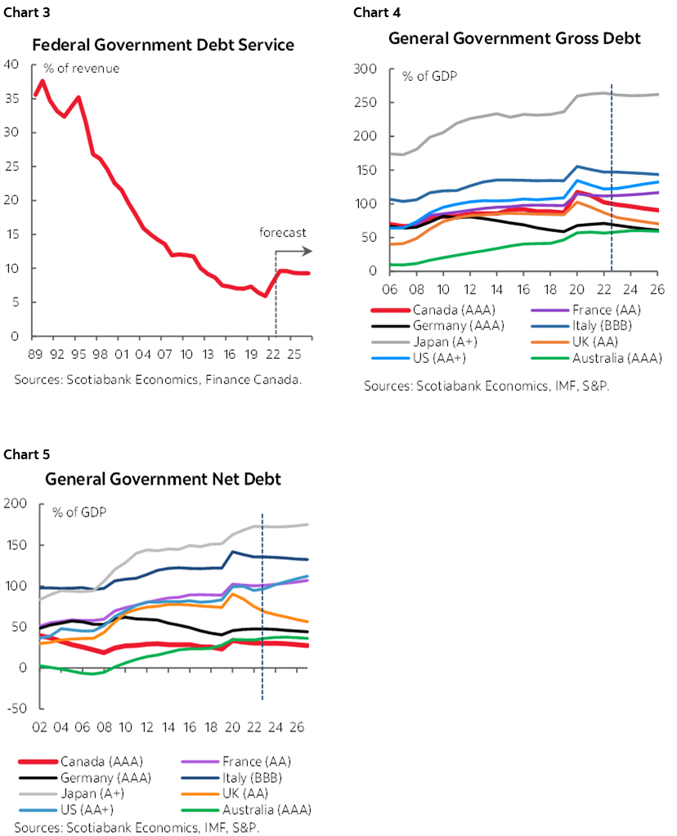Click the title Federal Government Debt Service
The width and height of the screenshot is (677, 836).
click(163, 44)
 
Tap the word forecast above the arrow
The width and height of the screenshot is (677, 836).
click(283, 233)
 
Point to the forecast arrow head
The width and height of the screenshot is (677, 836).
click(308, 253)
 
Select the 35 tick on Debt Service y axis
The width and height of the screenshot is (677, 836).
click(12, 99)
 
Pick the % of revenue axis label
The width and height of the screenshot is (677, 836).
click(87, 68)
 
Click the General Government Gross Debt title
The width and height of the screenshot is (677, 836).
click(514, 38)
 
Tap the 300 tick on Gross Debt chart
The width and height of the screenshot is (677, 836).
click(365, 69)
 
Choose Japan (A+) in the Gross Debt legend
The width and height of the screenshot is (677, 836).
click(432, 342)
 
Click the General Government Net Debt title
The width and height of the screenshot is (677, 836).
click(163, 479)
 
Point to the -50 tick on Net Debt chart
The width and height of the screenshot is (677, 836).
click(16, 708)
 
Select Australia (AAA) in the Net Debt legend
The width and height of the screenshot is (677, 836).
click(263, 808)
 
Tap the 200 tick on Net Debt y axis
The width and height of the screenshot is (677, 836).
click(16, 504)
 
